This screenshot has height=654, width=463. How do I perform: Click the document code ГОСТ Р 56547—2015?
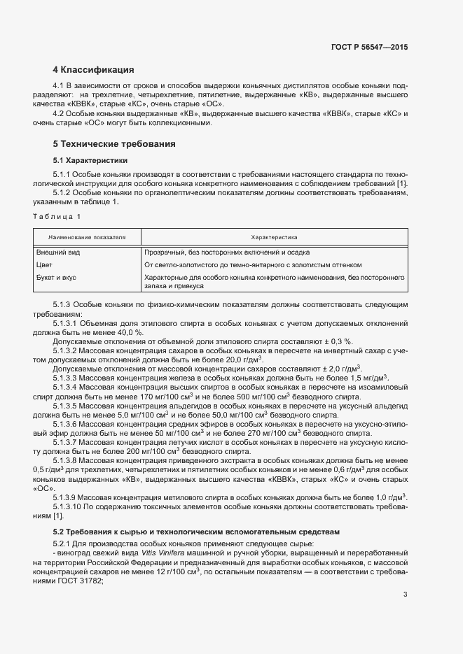pos(369,47)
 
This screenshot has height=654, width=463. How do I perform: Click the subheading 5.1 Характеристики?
pos(88,160)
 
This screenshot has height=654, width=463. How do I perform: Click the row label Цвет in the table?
pos(43,265)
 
